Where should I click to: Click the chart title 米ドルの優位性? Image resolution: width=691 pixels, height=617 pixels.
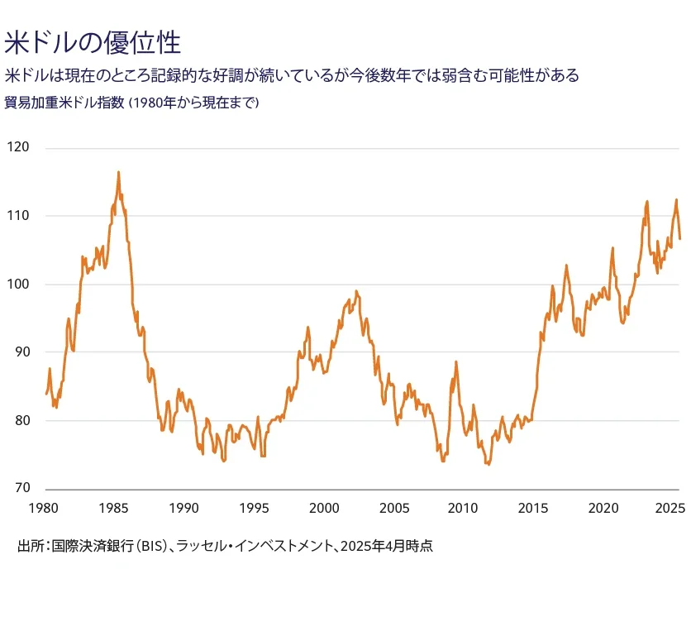point(92,42)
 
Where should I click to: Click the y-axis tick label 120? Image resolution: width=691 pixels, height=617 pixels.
point(17,148)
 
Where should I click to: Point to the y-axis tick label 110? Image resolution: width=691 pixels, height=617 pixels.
point(17,216)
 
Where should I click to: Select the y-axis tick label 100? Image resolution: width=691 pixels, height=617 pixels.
point(17,285)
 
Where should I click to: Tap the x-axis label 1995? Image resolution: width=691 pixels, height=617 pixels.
point(255,507)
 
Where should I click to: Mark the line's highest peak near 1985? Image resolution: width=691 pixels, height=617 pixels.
point(118,172)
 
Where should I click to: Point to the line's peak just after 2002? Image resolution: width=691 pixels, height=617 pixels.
point(355,291)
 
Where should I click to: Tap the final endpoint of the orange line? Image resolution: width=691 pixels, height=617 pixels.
point(679,239)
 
